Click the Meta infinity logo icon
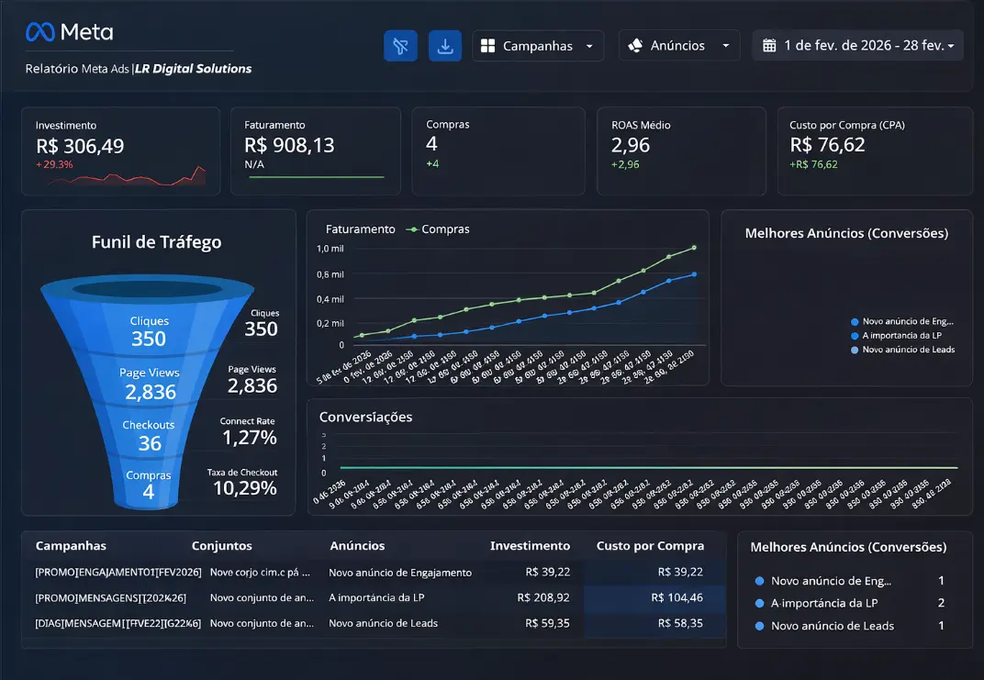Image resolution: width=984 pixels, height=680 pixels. click(x=40, y=32)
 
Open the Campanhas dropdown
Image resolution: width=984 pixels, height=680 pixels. click(x=538, y=46)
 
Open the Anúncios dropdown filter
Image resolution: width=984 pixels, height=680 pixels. click(x=678, y=46)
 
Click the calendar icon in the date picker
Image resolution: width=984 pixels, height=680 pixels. click(x=769, y=46)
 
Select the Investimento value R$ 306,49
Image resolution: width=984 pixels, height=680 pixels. click(x=80, y=146)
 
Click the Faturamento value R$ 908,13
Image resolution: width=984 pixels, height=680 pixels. click(x=289, y=145)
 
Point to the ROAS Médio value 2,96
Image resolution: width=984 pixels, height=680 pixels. click(x=631, y=145)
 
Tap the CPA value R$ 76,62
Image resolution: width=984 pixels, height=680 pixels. click(x=827, y=145)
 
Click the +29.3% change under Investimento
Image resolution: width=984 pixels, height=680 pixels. click(x=54, y=165)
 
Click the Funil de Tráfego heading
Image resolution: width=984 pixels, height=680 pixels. click(x=156, y=242)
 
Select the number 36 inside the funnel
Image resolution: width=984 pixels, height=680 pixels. click(x=149, y=444)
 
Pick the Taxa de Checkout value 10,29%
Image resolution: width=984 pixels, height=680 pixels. click(x=244, y=488)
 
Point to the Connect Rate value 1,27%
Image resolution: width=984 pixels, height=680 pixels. click(x=249, y=438)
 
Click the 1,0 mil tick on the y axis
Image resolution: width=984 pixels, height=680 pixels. click(x=330, y=249)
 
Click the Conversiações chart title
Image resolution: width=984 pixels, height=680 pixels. click(x=365, y=417)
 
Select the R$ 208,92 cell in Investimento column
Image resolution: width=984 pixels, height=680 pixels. click(x=543, y=597)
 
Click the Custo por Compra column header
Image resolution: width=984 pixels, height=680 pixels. click(x=650, y=546)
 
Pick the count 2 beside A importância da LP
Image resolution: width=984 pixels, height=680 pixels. click(x=941, y=603)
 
